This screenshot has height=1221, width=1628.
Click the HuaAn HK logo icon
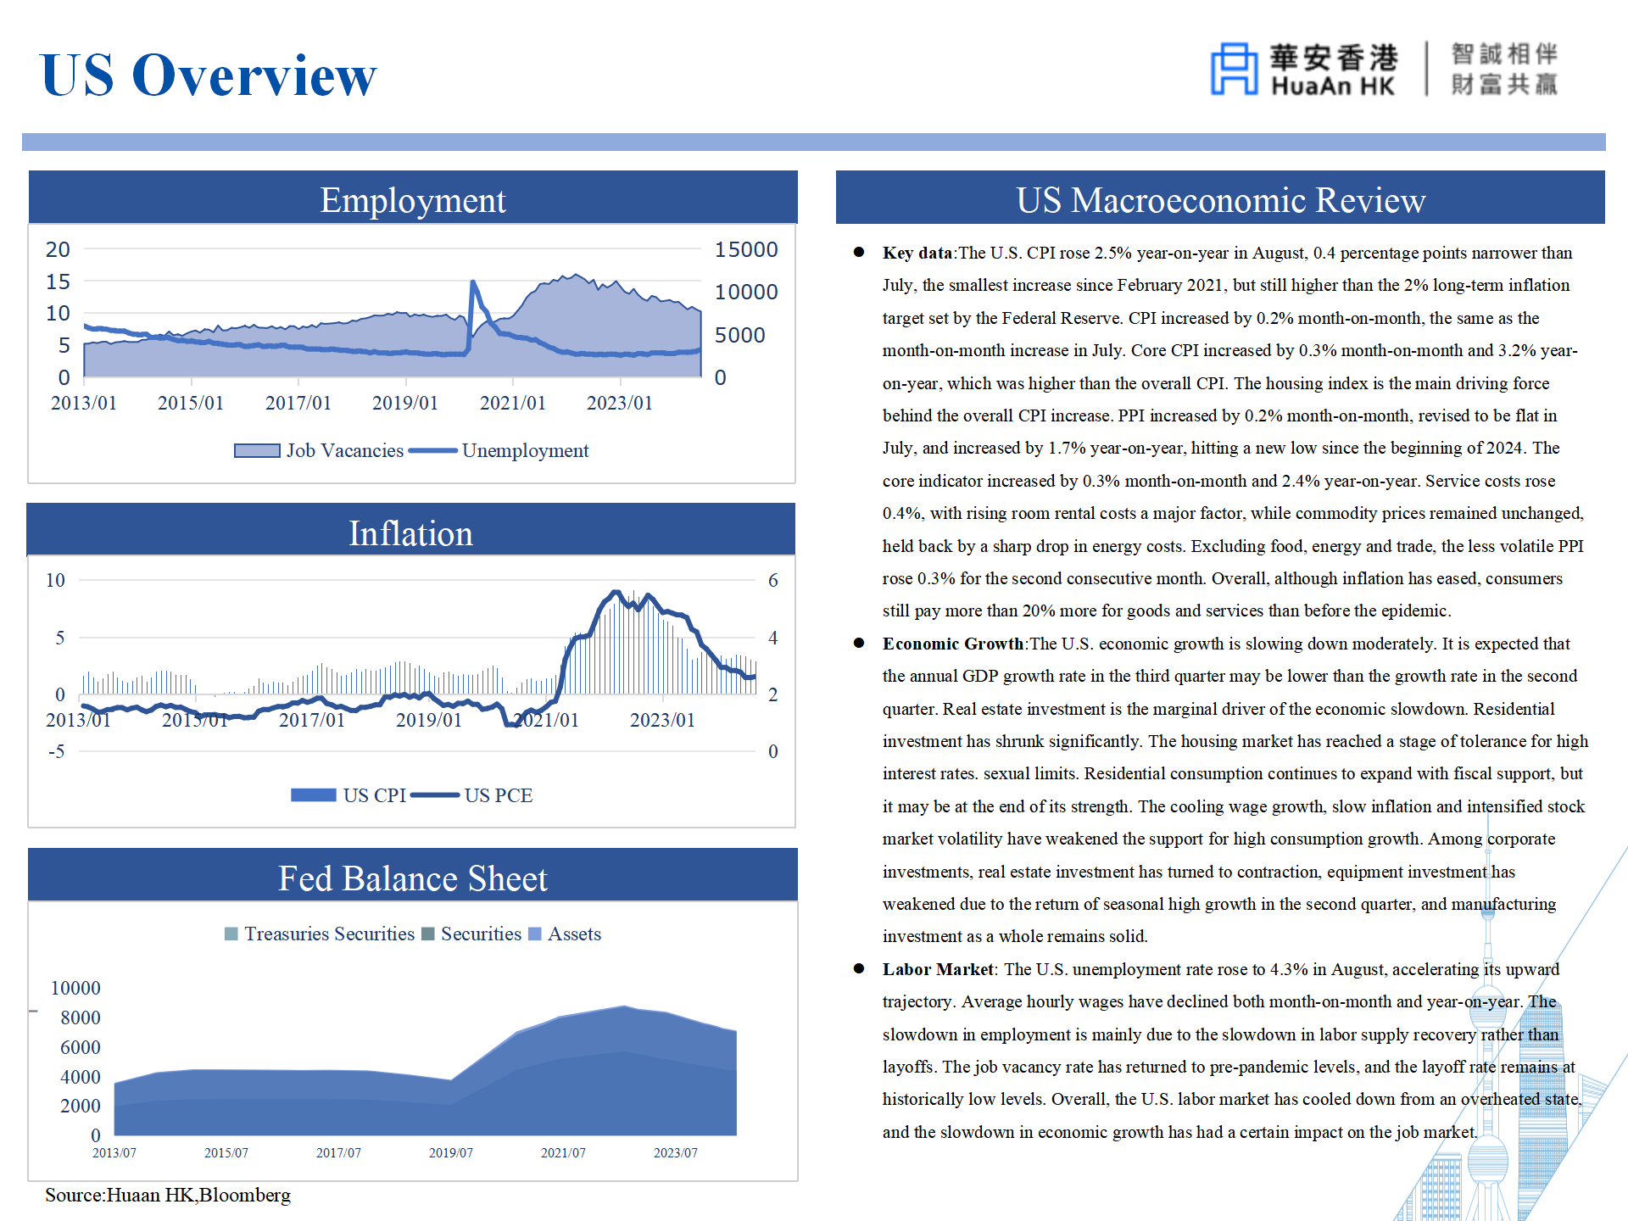coord(1234,69)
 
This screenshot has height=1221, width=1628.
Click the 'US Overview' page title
coord(208,75)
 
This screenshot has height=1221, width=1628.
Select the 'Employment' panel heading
coord(413,200)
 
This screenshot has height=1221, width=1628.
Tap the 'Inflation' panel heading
coord(411,533)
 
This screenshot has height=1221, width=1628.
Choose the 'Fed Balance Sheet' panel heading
coord(413,878)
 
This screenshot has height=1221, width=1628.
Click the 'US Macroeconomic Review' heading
coord(1221,200)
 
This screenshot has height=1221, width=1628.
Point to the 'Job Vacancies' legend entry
coord(319,450)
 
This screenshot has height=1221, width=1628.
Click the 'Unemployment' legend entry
coord(499,450)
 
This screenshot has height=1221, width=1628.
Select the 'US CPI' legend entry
coord(348,795)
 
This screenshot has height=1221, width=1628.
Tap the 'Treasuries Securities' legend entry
coord(320,934)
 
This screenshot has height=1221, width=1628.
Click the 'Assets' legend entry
coord(565,934)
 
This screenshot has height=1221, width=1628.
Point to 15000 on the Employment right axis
coord(746,249)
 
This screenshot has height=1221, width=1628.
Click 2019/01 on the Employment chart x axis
coord(405,403)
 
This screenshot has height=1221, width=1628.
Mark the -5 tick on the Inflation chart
coord(56,751)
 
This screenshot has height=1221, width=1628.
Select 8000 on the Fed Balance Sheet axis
coord(81,1017)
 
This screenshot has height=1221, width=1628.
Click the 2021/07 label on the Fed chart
coord(563,1153)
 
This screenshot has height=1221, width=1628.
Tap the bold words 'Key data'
coord(917,253)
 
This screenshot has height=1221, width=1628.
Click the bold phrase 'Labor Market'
coord(938,969)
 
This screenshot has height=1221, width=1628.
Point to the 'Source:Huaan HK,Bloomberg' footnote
coord(168,1195)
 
